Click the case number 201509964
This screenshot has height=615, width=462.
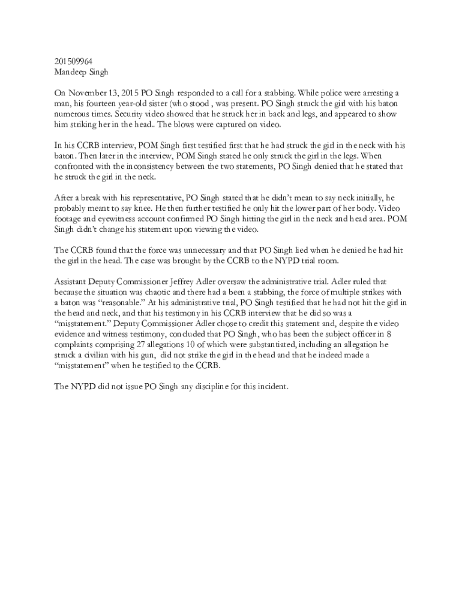(73, 61)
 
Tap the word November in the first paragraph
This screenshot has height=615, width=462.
(90, 93)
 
